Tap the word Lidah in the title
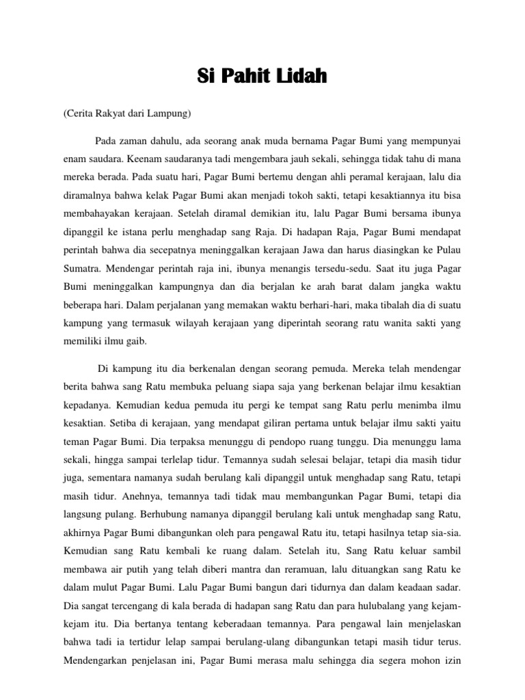pyautogui.click(x=302, y=77)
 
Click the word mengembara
pyautogui.click(x=256, y=159)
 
